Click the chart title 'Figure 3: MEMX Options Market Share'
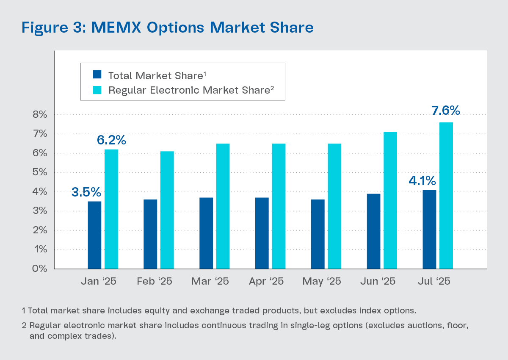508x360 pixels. coord(168,28)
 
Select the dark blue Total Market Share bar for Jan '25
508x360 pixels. coord(94,235)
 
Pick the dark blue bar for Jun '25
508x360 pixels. coord(373,231)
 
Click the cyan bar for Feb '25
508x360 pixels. coord(167,210)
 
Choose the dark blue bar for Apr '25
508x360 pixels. coord(262,233)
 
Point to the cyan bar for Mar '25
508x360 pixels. coord(223,206)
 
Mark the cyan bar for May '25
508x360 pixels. coord(334,206)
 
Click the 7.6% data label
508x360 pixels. coord(445,111)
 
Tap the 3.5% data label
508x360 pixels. coord(86,192)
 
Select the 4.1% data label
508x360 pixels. coord(422,181)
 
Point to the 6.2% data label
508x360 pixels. coord(112,140)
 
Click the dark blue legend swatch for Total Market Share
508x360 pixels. coord(97,75)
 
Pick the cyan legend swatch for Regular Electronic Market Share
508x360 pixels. coord(97,90)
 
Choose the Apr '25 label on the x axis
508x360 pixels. coord(266,282)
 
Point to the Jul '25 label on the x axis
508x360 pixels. coord(433,282)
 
